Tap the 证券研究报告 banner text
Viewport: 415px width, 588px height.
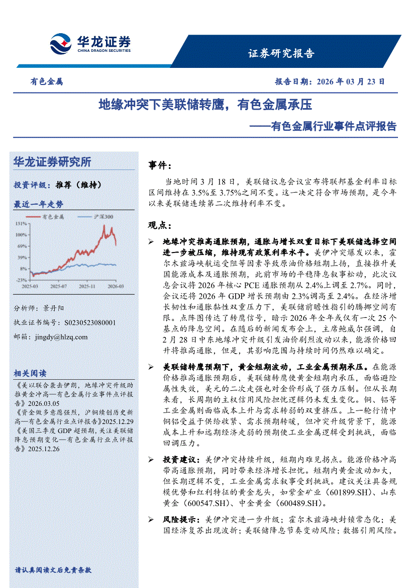[x=281, y=54]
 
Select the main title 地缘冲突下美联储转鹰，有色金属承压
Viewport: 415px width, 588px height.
[x=205, y=105]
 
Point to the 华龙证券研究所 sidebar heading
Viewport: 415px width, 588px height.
[x=52, y=162]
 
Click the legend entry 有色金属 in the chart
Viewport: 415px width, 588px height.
[x=53, y=216]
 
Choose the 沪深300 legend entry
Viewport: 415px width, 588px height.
[x=103, y=216]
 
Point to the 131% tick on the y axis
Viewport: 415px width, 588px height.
[x=21, y=223]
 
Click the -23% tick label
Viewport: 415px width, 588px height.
[x=21, y=280]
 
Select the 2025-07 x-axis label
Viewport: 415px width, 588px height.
[x=59, y=286]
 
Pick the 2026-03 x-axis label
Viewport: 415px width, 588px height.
[x=116, y=286]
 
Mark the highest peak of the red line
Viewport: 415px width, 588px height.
[x=104, y=226]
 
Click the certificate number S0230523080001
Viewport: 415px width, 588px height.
[x=90, y=322]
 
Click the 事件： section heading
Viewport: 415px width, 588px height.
[x=160, y=165]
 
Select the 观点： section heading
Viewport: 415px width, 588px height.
[x=160, y=224]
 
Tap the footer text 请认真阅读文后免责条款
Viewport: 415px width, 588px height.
[x=53, y=570]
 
